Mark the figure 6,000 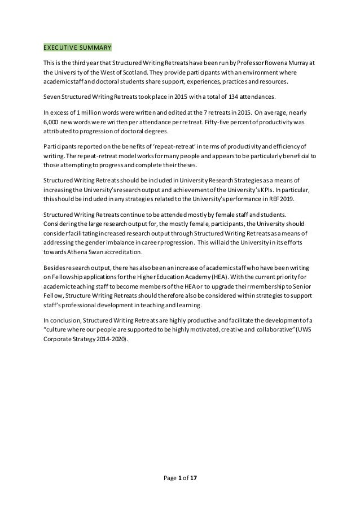pos(53,122)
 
